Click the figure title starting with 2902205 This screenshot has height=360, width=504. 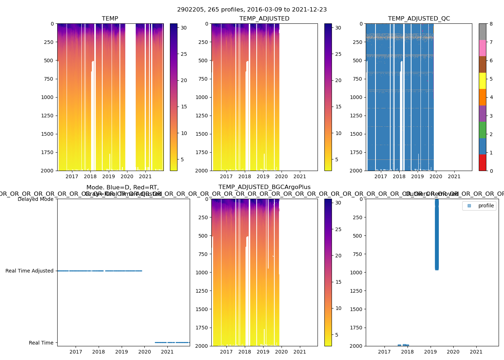click(252, 10)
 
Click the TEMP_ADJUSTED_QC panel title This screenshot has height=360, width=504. click(419, 19)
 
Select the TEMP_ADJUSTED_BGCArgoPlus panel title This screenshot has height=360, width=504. click(264, 187)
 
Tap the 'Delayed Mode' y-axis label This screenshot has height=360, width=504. click(35, 199)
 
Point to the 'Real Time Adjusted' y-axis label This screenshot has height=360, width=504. click(29, 271)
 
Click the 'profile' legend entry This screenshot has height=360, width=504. click(486, 206)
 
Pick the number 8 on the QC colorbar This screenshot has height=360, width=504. click(491, 24)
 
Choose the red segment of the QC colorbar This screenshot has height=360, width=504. click(482, 162)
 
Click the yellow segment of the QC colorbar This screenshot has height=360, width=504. click(482, 81)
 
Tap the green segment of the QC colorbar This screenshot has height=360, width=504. click(482, 130)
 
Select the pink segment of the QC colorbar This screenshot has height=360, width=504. click(482, 48)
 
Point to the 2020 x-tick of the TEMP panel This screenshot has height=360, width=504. click(127, 176)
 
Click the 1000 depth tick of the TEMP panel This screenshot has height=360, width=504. click(47, 97)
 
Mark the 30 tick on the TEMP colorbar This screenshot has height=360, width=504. click(184, 28)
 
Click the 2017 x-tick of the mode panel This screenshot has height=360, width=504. click(76, 352)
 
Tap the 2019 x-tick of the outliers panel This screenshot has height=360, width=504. click(430, 352)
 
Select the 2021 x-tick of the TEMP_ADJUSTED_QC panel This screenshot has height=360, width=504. click(454, 176)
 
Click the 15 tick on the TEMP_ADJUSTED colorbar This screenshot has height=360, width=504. click(338, 107)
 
